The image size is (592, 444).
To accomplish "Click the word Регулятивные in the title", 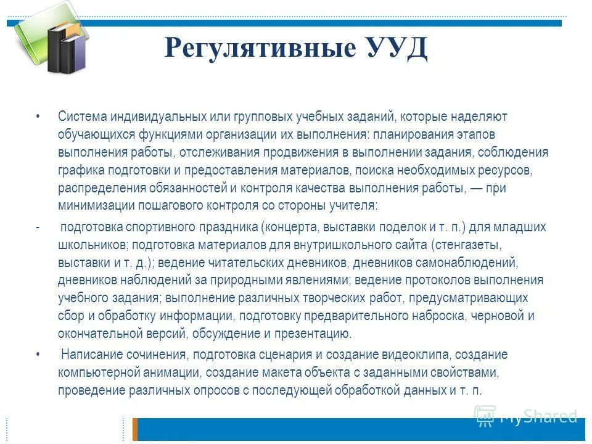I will pos(256,49).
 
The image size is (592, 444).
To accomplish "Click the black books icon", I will pos(66,49).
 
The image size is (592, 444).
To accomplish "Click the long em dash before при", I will pos(477,188).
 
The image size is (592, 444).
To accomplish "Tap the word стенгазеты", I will pos(475,245).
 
